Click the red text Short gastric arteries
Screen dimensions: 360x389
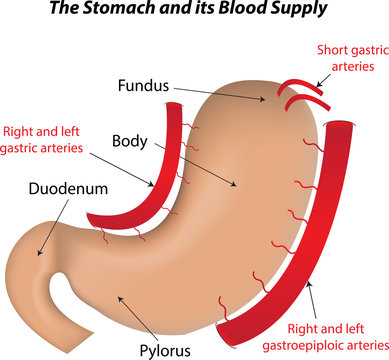coord(350,58)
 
